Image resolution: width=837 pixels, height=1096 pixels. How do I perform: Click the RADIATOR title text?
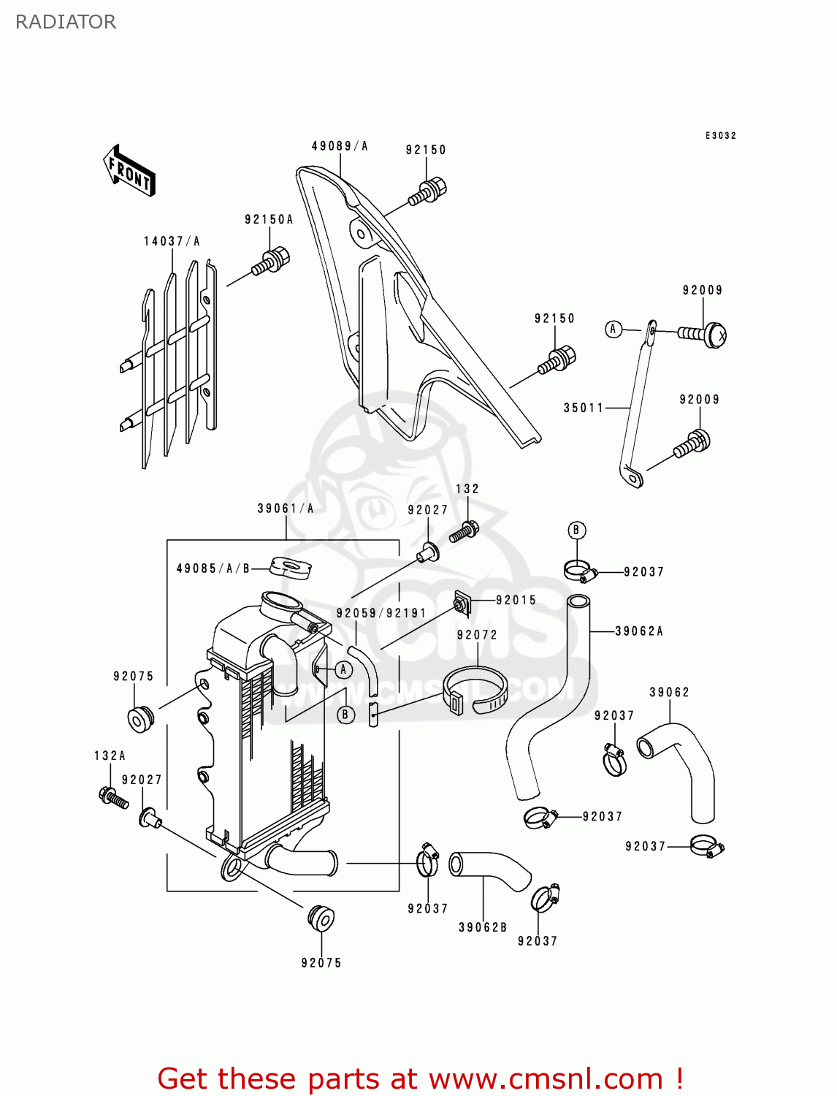click(x=66, y=22)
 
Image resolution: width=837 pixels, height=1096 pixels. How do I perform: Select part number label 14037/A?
click(x=172, y=241)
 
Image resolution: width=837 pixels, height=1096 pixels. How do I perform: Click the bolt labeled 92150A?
click(x=272, y=262)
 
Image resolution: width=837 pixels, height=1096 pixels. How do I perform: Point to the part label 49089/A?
click(x=340, y=146)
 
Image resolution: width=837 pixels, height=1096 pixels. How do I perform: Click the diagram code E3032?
click(x=720, y=135)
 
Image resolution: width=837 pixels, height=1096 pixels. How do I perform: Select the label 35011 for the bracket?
click(x=584, y=408)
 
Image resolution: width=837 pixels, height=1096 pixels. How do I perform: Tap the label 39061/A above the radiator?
click(x=286, y=509)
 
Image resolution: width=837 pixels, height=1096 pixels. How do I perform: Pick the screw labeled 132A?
click(x=112, y=797)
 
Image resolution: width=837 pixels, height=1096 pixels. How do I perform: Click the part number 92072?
click(x=477, y=635)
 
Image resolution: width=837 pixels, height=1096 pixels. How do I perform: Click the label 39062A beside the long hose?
click(x=639, y=631)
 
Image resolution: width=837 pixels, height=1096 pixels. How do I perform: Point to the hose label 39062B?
click(x=483, y=927)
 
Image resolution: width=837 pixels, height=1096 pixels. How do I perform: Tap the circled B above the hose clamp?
click(x=576, y=530)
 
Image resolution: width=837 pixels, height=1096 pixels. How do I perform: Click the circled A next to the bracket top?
click(x=614, y=330)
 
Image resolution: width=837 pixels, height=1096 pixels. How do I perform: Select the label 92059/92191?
click(x=381, y=613)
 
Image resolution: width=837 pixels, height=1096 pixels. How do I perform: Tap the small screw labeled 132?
click(x=463, y=531)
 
